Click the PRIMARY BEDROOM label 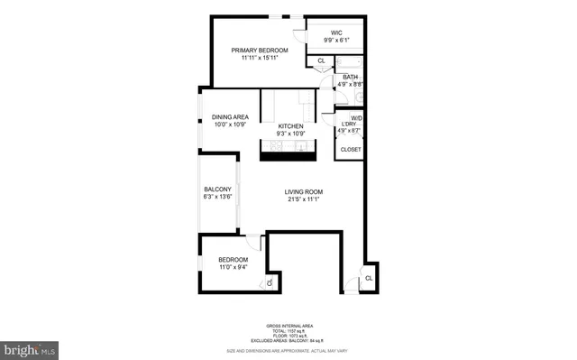tap(260, 50)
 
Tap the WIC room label tap(336, 32)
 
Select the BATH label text tap(349, 78)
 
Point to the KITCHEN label tap(289, 125)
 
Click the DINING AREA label tap(230, 117)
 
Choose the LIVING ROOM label tap(303, 192)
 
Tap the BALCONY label tap(217, 189)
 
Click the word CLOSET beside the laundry tap(350, 149)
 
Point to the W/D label tap(356, 117)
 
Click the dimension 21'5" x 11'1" tap(303, 200)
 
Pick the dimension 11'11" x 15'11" tap(260, 58)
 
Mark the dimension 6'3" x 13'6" tap(217, 197)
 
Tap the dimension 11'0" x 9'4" tap(232, 267)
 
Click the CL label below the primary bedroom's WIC tap(322, 61)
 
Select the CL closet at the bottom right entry tap(368, 279)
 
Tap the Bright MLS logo tap(29, 346)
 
